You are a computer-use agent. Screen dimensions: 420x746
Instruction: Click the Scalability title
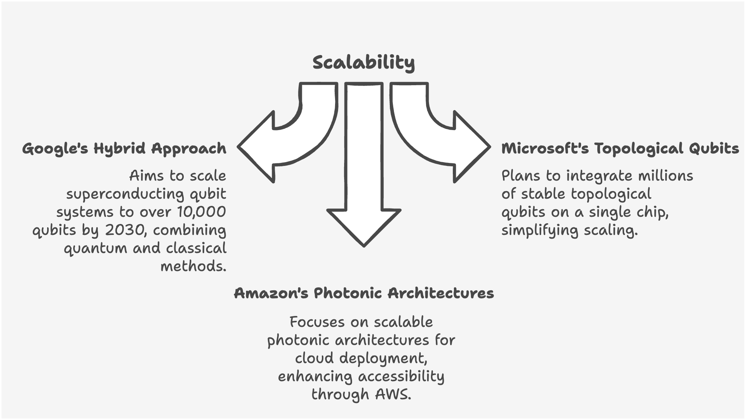click(363, 63)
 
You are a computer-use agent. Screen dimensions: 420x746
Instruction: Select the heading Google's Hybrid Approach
click(124, 149)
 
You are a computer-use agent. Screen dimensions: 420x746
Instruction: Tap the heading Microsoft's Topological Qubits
click(620, 149)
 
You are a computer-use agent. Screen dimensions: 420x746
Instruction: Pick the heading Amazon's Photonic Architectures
click(364, 293)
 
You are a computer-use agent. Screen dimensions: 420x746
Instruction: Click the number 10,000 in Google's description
click(201, 212)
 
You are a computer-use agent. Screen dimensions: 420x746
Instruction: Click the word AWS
click(392, 394)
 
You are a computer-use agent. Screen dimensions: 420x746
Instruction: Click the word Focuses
click(317, 322)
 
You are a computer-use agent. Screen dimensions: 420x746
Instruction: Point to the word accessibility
click(401, 376)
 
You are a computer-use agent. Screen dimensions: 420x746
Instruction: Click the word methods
click(193, 267)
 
